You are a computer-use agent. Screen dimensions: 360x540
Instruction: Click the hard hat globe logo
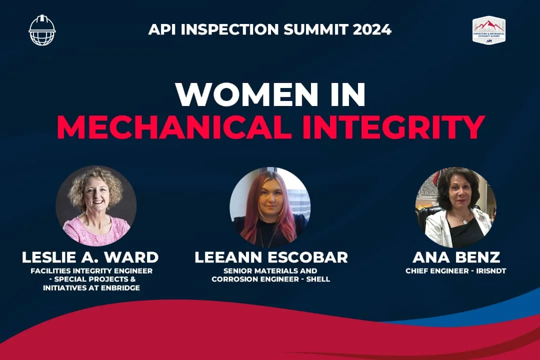click(42, 30)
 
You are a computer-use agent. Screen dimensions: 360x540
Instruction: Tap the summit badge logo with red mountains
click(488, 30)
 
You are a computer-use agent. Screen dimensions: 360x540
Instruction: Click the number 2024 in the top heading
click(372, 29)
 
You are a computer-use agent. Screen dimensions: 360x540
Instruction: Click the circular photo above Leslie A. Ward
click(96, 206)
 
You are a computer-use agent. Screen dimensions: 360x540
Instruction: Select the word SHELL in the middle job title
click(318, 279)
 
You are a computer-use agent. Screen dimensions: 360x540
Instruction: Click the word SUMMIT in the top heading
click(314, 29)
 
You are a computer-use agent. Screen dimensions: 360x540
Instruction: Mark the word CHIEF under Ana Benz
click(417, 271)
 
